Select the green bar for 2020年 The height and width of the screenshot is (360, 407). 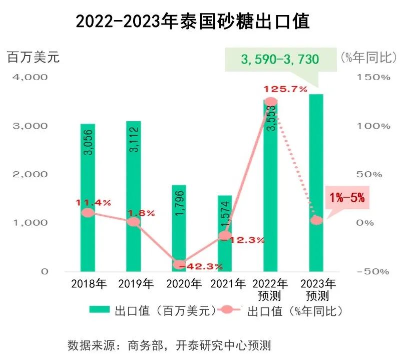click(x=179, y=228)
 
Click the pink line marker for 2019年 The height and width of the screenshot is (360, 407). click(x=133, y=222)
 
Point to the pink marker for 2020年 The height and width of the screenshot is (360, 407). click(x=179, y=264)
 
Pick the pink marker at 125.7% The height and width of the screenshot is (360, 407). click(x=270, y=102)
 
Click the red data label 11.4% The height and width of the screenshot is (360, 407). click(x=94, y=203)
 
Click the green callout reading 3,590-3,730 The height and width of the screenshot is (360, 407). click(x=280, y=60)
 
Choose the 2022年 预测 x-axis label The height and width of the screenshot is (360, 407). click(x=271, y=289)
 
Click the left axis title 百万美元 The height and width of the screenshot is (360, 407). click(x=33, y=57)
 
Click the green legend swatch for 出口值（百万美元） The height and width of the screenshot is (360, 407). click(x=100, y=310)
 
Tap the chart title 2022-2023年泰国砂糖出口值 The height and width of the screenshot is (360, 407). click(x=193, y=22)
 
